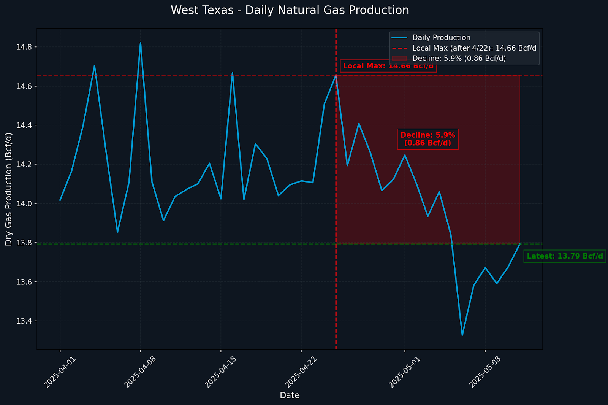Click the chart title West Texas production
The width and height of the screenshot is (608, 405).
290,10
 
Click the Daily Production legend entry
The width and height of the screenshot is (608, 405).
441,38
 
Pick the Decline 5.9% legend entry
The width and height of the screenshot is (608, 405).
459,59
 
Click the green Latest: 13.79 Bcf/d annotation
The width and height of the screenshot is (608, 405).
565,256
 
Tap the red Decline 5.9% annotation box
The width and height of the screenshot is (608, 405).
427,139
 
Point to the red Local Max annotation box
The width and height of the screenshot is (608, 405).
388,66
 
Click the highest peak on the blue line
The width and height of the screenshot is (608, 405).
140,43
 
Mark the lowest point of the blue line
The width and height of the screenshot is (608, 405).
462,335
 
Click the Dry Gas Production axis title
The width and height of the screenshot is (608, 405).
9,189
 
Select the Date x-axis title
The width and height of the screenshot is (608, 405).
290,395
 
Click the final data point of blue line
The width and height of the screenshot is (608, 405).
519,244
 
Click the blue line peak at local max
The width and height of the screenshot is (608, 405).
336,75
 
